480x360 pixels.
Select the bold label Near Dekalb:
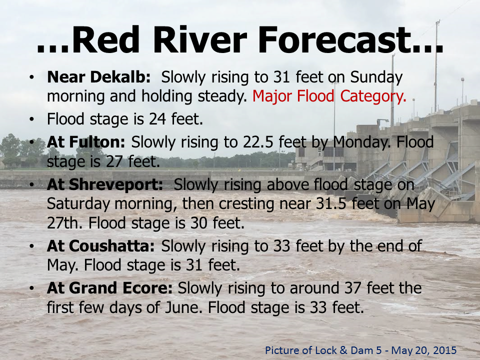click(x=99, y=77)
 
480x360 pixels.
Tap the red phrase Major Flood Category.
click(x=329, y=96)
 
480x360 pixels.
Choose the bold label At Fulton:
click(x=85, y=142)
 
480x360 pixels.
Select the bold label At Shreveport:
click(x=105, y=184)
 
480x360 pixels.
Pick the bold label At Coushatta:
click(x=100, y=246)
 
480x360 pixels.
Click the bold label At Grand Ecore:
click(x=109, y=288)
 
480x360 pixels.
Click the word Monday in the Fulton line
click(x=361, y=142)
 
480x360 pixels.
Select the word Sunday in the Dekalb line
click(x=376, y=77)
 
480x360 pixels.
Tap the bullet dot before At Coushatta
click(x=31, y=246)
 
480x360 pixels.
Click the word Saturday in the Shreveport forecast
click(x=78, y=204)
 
